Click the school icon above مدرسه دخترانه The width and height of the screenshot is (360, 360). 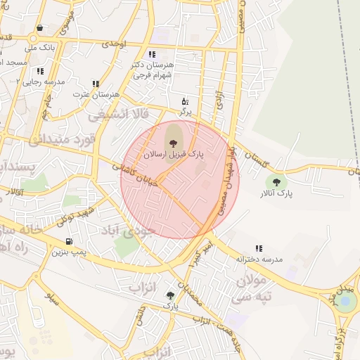pos(259,248)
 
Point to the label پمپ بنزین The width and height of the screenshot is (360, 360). pos(70,251)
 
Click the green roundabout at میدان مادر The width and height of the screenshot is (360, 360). pos(345,302)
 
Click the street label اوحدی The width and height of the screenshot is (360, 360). pos(112,44)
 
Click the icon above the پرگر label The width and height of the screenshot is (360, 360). pos(185,101)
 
